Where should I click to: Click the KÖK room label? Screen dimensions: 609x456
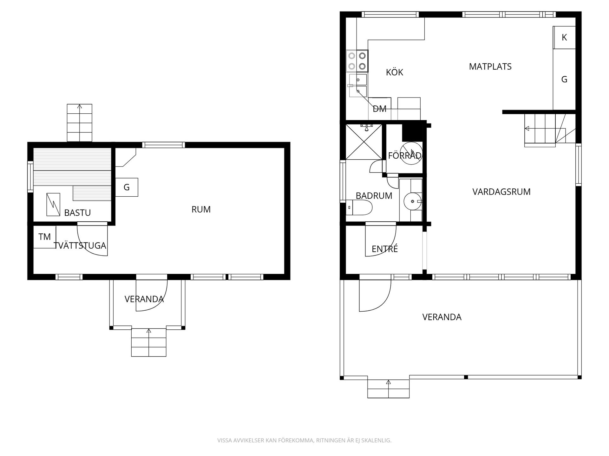point(394,72)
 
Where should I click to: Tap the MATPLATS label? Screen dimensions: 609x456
point(490,66)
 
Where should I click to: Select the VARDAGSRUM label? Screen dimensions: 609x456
point(501,192)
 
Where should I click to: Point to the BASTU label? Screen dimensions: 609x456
point(77,213)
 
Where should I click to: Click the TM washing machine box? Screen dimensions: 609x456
point(45,237)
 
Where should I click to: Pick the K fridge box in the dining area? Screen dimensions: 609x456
point(564,37)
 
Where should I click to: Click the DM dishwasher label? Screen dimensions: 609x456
point(380,109)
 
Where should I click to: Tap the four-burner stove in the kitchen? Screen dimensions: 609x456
point(357,61)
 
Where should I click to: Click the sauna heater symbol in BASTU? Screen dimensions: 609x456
point(53,205)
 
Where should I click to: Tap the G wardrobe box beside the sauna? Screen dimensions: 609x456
point(127,187)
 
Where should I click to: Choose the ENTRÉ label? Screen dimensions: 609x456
point(385,249)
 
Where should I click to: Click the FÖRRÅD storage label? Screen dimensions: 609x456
point(405,155)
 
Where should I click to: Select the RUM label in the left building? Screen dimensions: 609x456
point(201,209)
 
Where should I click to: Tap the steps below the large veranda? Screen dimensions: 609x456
point(389,389)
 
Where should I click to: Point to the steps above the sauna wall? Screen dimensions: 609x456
point(80,123)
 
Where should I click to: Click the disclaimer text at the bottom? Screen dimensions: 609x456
point(304,440)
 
